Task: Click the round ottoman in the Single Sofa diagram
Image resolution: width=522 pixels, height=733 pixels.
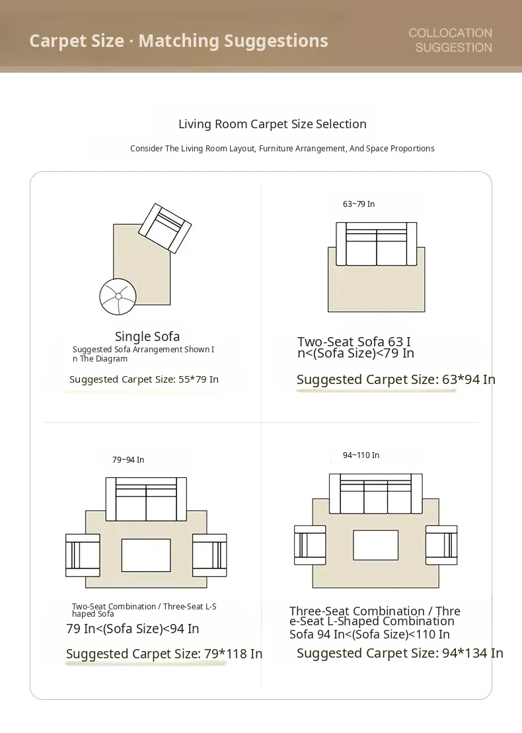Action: [x=118, y=296]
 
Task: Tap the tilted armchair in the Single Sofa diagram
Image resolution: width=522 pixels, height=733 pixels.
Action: [x=165, y=228]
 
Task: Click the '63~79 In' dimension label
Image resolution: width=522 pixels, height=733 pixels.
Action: [x=358, y=204]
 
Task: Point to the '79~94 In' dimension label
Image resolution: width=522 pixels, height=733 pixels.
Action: [x=128, y=459]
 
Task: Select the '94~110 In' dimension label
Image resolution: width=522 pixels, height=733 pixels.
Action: [x=361, y=455]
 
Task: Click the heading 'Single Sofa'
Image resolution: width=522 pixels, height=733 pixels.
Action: [x=147, y=336]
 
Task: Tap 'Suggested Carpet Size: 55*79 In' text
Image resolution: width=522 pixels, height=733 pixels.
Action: [x=144, y=379]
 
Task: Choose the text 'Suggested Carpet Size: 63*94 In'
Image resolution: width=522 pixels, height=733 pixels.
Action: [x=396, y=379]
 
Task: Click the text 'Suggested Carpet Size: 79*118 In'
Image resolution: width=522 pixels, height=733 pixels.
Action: [x=164, y=654]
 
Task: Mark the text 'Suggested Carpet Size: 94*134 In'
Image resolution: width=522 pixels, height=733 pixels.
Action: [x=400, y=652]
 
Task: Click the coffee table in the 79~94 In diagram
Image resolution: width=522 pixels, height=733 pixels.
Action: [x=146, y=555]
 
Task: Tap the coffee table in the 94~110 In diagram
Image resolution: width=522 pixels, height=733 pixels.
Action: [x=376, y=545]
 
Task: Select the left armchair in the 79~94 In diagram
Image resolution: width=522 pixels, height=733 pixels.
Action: [x=83, y=555]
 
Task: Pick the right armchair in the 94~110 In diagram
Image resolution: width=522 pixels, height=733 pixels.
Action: [x=441, y=545]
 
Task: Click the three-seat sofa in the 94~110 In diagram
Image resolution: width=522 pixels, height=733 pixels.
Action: [x=376, y=494]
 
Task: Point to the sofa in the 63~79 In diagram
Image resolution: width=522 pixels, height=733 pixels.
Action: [x=376, y=243]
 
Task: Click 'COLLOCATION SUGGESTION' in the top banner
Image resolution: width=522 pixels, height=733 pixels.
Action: [x=450, y=40]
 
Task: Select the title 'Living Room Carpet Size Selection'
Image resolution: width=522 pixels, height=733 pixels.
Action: [x=272, y=124]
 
